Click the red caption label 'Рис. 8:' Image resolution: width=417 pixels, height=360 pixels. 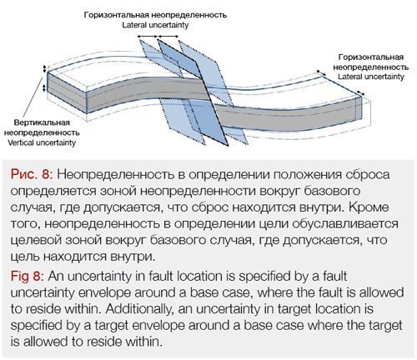click(32, 175)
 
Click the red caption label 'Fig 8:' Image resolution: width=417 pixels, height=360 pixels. click(27, 277)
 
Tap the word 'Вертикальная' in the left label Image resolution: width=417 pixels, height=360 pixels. click(42, 122)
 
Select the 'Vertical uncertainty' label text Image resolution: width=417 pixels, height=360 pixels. click(42, 142)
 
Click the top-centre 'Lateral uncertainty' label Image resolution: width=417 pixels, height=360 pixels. click(155, 25)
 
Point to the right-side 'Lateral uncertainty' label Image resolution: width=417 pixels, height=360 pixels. click(371, 77)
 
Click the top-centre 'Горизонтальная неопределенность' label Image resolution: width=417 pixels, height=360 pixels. click(155, 15)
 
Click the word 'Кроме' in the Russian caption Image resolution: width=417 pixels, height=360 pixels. click(369, 207)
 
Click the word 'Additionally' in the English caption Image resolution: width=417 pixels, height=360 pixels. click(139, 309)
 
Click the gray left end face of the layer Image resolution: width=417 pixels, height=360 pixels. click(67, 92)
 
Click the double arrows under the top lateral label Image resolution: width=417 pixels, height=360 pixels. click(158, 36)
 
